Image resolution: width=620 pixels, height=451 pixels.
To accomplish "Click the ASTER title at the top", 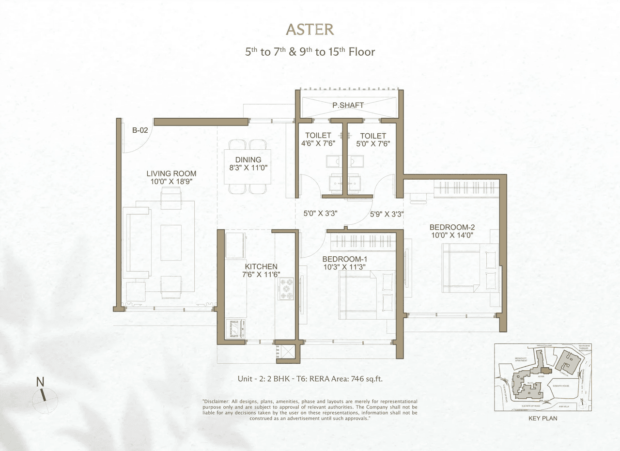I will pyautogui.click(x=310, y=30).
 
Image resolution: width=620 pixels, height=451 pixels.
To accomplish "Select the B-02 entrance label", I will pyautogui.click(x=140, y=130).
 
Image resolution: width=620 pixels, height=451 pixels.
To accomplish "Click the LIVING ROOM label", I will pyautogui.click(x=171, y=173).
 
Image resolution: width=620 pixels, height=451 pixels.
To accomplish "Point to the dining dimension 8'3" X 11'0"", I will pyautogui.click(x=248, y=168).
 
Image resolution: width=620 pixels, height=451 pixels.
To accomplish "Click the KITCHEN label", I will pyautogui.click(x=261, y=266).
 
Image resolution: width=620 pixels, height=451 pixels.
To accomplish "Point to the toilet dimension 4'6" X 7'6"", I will pyautogui.click(x=318, y=143).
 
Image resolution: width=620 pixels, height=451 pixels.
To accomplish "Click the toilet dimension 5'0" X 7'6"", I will pyautogui.click(x=373, y=143).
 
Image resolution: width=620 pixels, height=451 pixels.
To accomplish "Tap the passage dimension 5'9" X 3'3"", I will pyautogui.click(x=387, y=213).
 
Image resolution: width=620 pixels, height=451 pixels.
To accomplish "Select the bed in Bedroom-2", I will pyautogui.click(x=469, y=269).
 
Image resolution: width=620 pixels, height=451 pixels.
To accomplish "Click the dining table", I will pyautogui.click(x=248, y=166).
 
